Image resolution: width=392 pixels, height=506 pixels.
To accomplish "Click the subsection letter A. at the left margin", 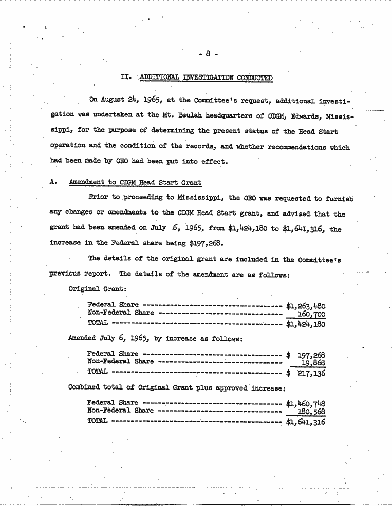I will (53, 183).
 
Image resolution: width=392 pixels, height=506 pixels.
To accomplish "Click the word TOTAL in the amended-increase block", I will (98, 372).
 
